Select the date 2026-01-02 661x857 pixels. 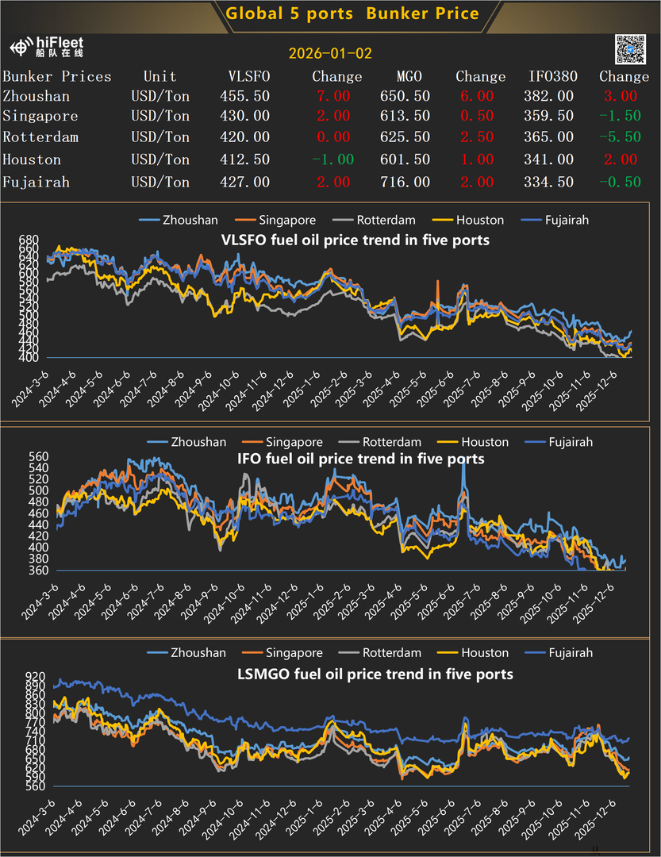(330, 54)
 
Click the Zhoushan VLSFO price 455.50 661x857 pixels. (244, 96)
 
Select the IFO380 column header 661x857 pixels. (553, 77)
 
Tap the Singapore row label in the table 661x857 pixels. (40, 116)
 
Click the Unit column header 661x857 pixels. (160, 77)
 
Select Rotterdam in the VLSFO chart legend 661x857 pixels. (388, 220)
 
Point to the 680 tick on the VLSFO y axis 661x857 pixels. (29, 240)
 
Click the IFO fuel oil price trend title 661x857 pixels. (361, 459)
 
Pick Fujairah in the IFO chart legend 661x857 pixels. (570, 442)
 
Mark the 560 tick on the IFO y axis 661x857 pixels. (29, 457)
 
